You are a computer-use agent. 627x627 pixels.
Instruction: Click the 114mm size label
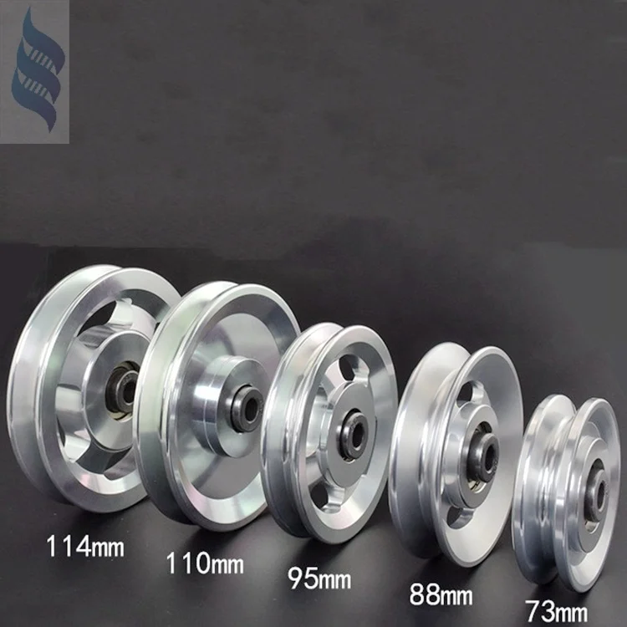84,548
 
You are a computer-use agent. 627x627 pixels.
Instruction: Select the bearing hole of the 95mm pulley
351,428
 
